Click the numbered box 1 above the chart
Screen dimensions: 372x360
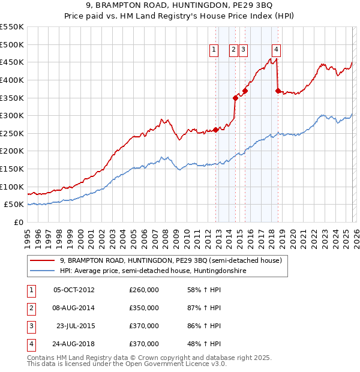coord(214,50)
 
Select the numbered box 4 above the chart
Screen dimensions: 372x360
coord(276,50)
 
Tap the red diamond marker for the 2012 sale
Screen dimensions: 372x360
coord(216,130)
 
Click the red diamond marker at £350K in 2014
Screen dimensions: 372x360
coord(236,98)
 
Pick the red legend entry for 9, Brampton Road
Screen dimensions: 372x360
coord(175,260)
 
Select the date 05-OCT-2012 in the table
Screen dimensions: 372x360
coord(74,290)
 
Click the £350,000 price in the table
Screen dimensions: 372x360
coord(144,308)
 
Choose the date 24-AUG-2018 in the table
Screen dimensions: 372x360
coord(74,344)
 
